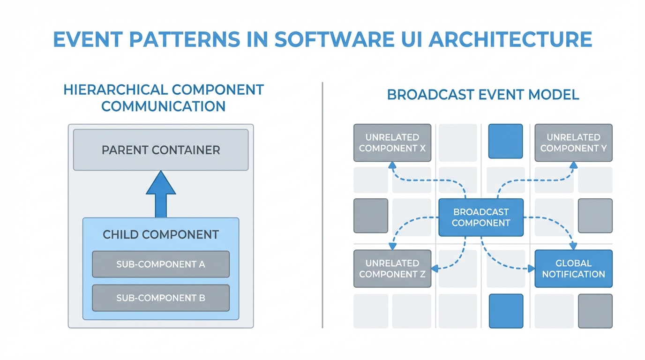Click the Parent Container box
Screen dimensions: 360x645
point(161,150)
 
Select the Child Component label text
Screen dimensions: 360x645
point(161,234)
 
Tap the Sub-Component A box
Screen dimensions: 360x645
point(161,264)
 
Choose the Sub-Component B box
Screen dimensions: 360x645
point(161,298)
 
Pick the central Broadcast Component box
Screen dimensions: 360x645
point(481,217)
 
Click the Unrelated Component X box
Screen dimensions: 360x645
point(392,143)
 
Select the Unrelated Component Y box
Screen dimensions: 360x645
point(573,143)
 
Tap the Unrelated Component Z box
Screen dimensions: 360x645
point(392,269)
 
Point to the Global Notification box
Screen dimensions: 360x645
point(573,269)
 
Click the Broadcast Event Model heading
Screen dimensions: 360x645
point(483,95)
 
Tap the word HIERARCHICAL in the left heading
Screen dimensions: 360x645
point(114,90)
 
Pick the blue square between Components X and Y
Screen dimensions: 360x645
point(505,141)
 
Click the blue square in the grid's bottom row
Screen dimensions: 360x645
point(506,311)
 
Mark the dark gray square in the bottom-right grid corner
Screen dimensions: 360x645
point(595,311)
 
